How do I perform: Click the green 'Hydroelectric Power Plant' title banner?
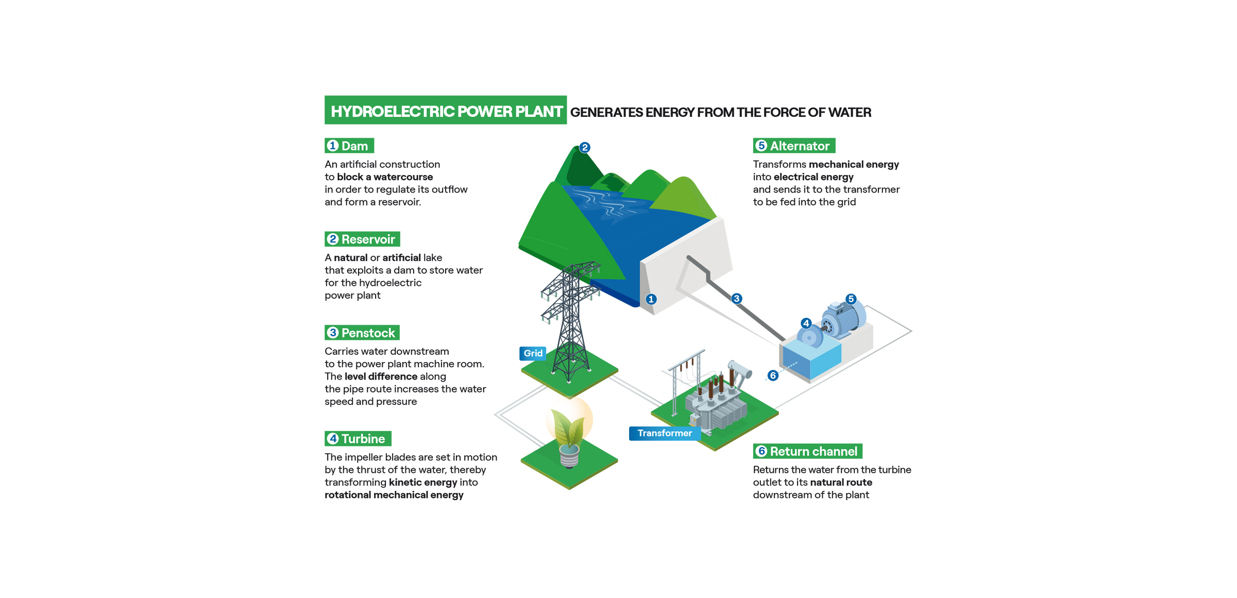pos(446,110)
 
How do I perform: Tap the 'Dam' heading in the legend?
pos(349,146)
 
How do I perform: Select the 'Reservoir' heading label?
pos(362,239)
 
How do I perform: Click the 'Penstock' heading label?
pos(362,333)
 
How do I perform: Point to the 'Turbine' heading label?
pos(358,438)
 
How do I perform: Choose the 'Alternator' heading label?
pos(794,146)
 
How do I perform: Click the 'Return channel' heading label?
pos(807,451)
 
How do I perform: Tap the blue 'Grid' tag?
pos(533,353)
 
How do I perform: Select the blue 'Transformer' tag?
pos(664,433)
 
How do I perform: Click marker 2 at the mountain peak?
pos(585,148)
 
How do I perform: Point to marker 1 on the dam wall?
pos(651,299)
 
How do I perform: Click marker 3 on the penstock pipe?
pos(737,299)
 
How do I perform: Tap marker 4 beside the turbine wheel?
pos(806,323)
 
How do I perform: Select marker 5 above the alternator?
pos(851,299)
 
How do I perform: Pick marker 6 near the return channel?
pos(773,375)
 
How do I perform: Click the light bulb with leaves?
pos(569,433)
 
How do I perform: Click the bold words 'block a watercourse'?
pos(385,177)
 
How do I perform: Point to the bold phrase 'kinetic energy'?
pos(423,482)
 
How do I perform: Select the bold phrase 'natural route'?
pos(841,482)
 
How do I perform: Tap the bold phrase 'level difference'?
pos(381,376)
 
